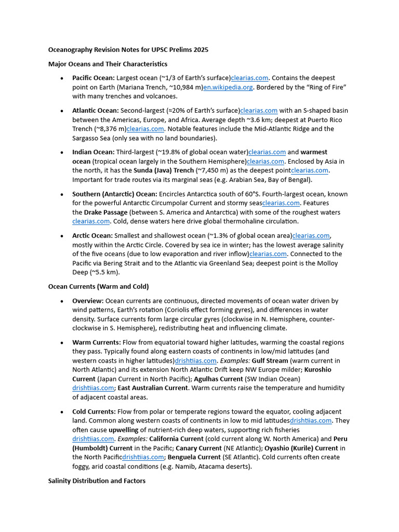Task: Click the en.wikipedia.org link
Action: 228,87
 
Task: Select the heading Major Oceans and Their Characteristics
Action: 108,64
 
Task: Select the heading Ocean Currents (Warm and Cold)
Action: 98,286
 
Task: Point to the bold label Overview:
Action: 88,301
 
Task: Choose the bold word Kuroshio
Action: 317,369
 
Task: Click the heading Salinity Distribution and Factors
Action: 97,481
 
